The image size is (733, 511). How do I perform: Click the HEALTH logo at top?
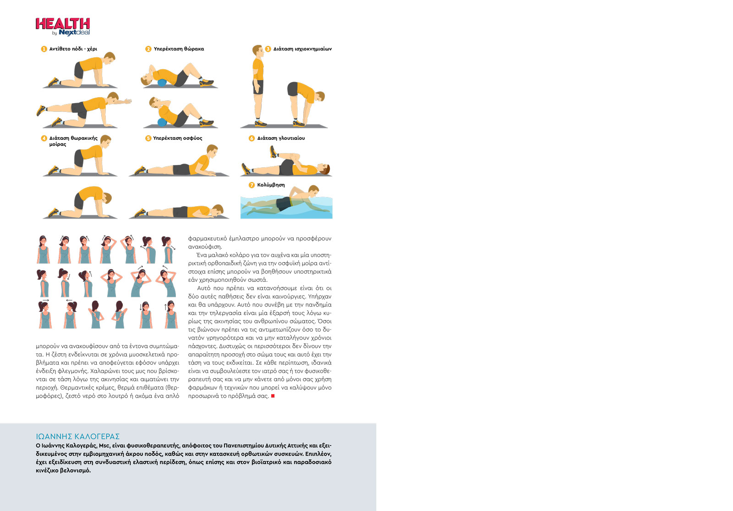pyautogui.click(x=63, y=24)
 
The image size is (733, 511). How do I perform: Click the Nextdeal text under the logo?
pyautogui.click(x=74, y=33)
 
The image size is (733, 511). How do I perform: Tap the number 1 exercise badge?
pyautogui.click(x=44, y=49)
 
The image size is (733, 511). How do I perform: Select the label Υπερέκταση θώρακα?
pyautogui.click(x=179, y=49)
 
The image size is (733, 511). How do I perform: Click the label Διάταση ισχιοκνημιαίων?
pyautogui.click(x=302, y=49)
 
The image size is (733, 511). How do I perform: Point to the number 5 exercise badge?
pyautogui.click(x=148, y=138)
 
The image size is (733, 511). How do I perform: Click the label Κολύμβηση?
pyautogui.click(x=271, y=185)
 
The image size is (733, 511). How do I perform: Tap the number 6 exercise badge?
pyautogui.click(x=252, y=138)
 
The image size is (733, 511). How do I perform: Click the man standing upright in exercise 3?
pyautogui.click(x=258, y=85)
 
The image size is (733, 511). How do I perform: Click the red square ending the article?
pyautogui.click(x=273, y=396)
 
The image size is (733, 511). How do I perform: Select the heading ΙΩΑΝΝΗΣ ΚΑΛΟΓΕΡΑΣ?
pyautogui.click(x=77, y=436)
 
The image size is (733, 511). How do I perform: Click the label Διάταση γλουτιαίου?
pyautogui.click(x=281, y=138)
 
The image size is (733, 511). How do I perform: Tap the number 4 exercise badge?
pyautogui.click(x=44, y=138)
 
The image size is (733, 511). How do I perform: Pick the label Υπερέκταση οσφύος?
pyautogui.click(x=177, y=138)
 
